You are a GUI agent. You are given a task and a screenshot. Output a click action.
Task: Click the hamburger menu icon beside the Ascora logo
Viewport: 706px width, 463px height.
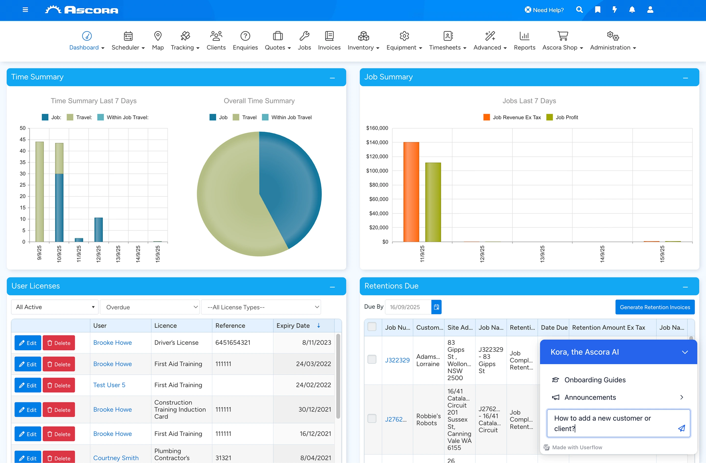[x=25, y=10]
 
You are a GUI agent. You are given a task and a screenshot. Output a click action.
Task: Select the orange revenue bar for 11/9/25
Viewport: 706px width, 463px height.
[x=411, y=192]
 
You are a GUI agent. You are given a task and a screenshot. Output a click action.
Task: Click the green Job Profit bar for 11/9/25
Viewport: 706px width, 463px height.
[x=433, y=202]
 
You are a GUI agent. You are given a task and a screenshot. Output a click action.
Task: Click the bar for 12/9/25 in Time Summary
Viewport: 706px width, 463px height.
[x=99, y=230]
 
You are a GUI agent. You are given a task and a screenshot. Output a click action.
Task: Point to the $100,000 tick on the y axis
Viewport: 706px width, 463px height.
[x=377, y=171]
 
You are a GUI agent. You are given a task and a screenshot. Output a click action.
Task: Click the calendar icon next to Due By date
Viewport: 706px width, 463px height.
[x=436, y=307]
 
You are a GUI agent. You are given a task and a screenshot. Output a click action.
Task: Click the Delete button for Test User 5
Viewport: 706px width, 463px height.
[x=59, y=385]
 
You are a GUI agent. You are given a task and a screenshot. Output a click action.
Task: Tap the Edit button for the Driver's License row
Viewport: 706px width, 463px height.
[x=28, y=343]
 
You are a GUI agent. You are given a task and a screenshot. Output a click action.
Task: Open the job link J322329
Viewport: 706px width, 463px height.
[x=397, y=360]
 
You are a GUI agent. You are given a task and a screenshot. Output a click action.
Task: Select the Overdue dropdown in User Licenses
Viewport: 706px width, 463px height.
[x=150, y=307]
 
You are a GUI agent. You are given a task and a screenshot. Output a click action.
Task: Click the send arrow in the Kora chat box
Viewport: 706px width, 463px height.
[x=682, y=428]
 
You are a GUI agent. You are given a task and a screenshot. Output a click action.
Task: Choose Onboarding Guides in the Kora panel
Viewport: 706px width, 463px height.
[x=595, y=380]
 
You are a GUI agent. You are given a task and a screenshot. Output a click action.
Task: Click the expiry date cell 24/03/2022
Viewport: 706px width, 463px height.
[x=313, y=364]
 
